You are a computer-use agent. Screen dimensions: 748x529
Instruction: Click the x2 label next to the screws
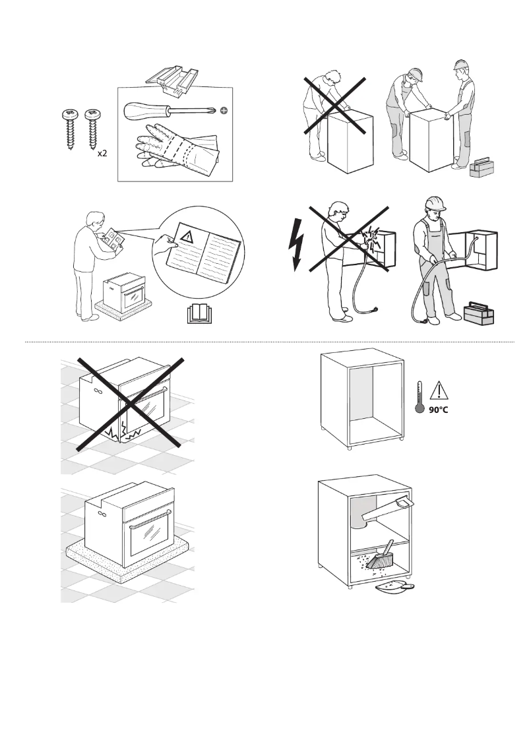click(x=102, y=153)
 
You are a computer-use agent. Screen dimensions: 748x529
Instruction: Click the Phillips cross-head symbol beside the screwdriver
click(x=224, y=111)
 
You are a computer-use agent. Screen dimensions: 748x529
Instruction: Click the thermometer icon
click(x=418, y=398)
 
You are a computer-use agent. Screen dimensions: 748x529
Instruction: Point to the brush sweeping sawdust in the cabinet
click(x=380, y=558)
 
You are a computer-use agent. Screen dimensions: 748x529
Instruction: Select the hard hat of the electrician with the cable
click(x=435, y=202)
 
